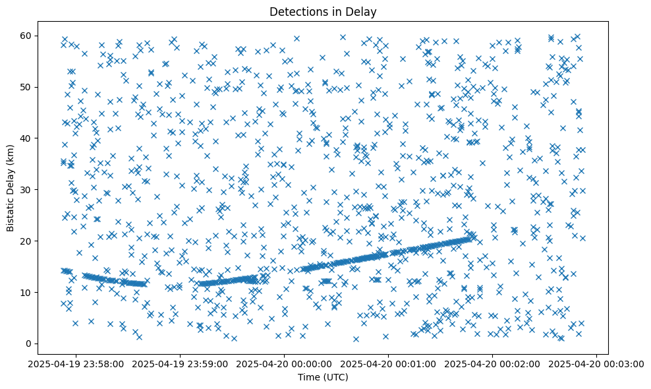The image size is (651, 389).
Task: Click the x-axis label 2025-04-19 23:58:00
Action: point(76,363)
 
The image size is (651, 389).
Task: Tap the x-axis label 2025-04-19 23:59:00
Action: point(180,363)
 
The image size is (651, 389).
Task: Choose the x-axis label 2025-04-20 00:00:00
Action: point(284,363)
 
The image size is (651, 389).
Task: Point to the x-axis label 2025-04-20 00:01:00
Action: point(388,363)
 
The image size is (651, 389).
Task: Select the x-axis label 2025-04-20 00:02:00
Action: point(492,363)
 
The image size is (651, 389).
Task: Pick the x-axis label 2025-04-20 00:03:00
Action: point(596,363)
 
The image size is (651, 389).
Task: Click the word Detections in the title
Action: point(298,11)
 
